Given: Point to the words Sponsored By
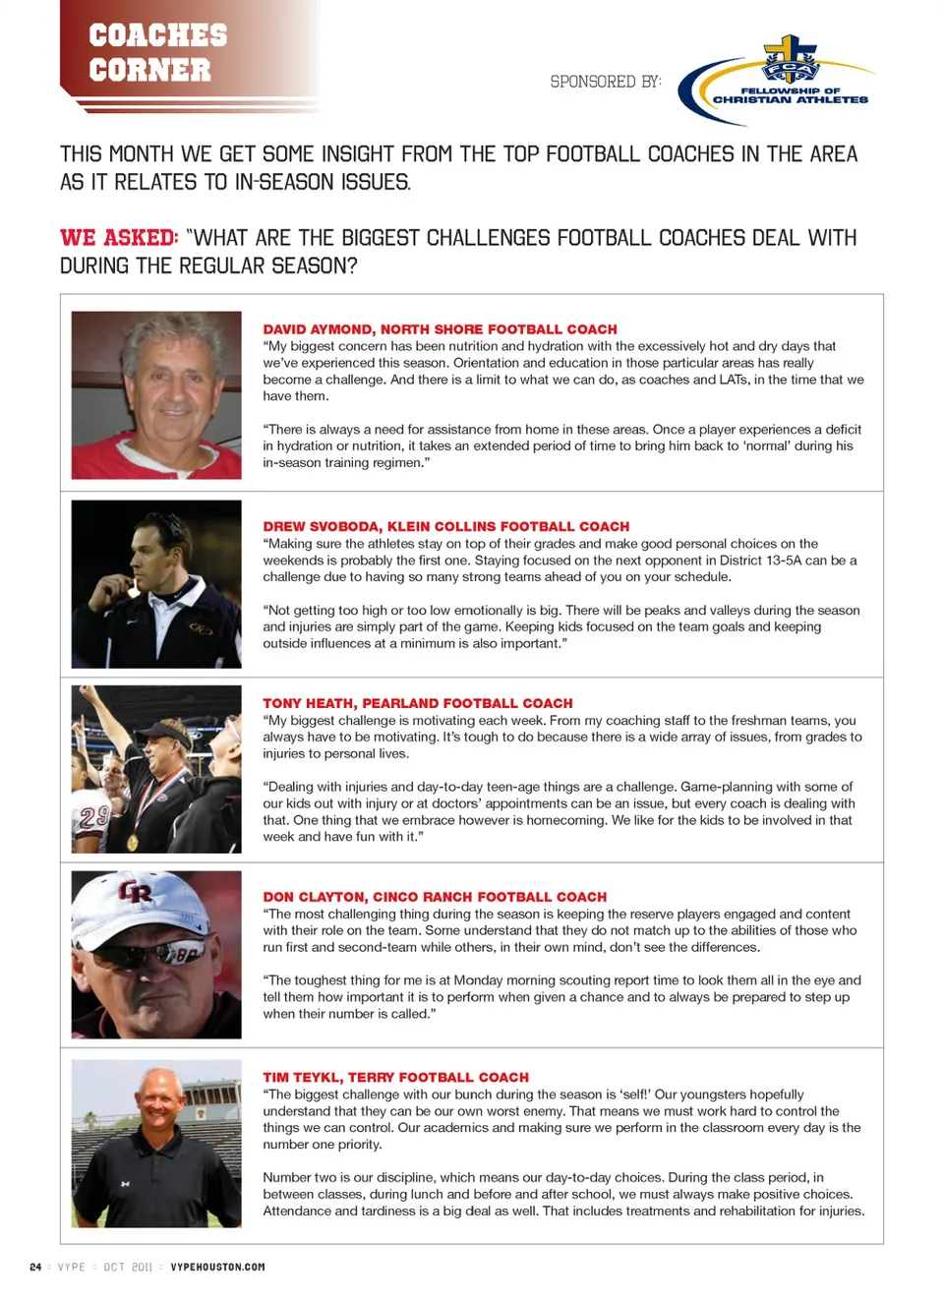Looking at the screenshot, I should [x=605, y=82].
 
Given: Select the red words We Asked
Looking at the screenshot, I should [x=118, y=238].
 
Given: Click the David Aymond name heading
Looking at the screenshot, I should [x=440, y=329].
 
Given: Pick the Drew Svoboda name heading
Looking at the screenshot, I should [x=445, y=526].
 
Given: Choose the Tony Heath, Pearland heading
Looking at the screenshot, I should [x=417, y=703].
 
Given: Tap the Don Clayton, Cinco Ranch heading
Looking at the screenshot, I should [x=434, y=897].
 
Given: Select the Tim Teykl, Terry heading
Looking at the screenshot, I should [x=395, y=1078].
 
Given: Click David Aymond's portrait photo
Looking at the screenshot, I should [x=156, y=395].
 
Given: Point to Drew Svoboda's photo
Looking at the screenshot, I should [x=156, y=584].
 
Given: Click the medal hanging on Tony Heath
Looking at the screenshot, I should [x=133, y=841].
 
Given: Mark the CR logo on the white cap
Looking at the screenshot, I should [x=136, y=892].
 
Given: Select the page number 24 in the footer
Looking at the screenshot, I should [x=35, y=1267].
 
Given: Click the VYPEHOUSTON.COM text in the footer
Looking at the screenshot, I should [x=217, y=1267].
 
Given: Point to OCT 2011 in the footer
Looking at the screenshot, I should [x=128, y=1267].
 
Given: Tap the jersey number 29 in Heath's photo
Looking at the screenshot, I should [x=94, y=816].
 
